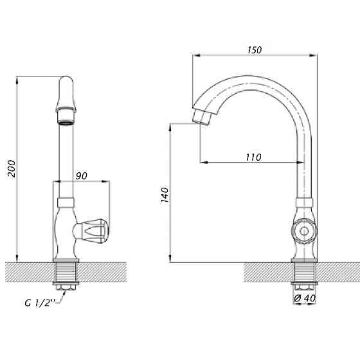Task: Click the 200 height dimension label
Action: [12, 168]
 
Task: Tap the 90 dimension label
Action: [82, 176]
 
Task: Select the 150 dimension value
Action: [255, 50]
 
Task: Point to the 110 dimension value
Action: [253, 157]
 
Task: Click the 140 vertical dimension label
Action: [165, 195]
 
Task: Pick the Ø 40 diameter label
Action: [305, 298]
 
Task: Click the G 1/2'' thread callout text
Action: [40, 303]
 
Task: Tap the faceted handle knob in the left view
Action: [95, 231]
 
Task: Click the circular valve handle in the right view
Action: [304, 231]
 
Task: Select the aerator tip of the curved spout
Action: [201, 117]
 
